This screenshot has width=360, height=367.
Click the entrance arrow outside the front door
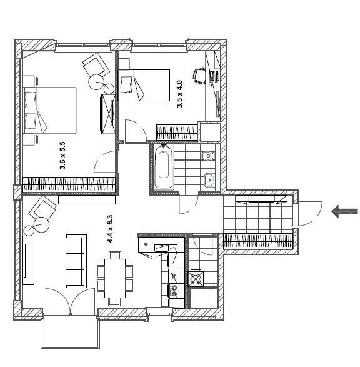tap(345, 211)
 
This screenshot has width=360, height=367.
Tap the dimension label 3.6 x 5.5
tap(62, 156)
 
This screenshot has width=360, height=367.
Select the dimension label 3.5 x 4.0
tap(179, 94)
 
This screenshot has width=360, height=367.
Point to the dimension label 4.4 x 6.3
tap(110, 229)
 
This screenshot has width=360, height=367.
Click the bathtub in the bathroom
tap(164, 166)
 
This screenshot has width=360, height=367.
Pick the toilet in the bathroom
tap(208, 156)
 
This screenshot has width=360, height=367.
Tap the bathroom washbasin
tap(209, 180)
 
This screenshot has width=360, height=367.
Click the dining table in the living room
tap(115, 278)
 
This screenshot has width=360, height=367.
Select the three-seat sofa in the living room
tap(76, 261)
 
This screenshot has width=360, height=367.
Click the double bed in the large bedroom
tap(50, 110)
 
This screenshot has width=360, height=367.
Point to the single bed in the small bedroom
tap(144, 85)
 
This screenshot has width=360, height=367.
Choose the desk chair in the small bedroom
tap(199, 75)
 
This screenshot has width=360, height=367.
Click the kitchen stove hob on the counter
tap(173, 291)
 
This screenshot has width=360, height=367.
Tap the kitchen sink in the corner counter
tap(146, 245)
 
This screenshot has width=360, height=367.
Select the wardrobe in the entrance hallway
tap(258, 241)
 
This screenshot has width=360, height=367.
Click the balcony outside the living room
tap(71, 333)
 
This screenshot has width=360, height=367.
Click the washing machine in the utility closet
tap(196, 278)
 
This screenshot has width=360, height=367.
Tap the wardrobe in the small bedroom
tap(177, 133)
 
